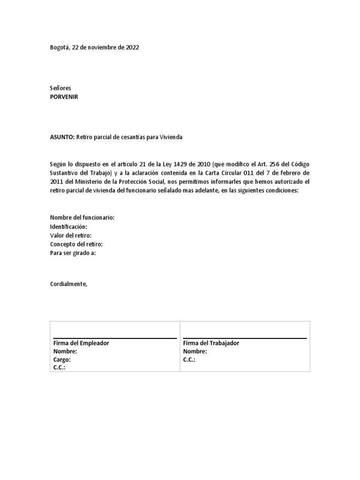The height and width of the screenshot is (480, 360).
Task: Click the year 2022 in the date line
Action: (132, 48)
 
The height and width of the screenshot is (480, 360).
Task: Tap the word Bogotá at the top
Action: (59, 48)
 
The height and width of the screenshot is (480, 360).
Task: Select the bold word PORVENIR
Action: (64, 97)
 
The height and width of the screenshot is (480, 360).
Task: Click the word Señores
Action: (60, 89)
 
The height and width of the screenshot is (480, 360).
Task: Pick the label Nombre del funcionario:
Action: (82, 218)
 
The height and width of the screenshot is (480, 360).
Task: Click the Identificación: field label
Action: (68, 227)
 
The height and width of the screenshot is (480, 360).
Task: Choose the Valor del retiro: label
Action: (71, 235)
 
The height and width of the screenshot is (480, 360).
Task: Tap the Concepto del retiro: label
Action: (76, 244)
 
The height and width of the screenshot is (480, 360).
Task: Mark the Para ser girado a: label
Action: (73, 253)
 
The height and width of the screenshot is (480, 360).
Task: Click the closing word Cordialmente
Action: (68, 284)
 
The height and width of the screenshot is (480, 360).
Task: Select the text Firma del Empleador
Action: (81, 343)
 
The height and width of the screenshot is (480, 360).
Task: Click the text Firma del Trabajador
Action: (211, 343)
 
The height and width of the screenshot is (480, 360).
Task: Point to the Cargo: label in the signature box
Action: (62, 360)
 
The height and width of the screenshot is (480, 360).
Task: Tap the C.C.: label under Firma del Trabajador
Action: (189, 360)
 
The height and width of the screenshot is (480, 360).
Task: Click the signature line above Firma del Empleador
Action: (114, 338)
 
